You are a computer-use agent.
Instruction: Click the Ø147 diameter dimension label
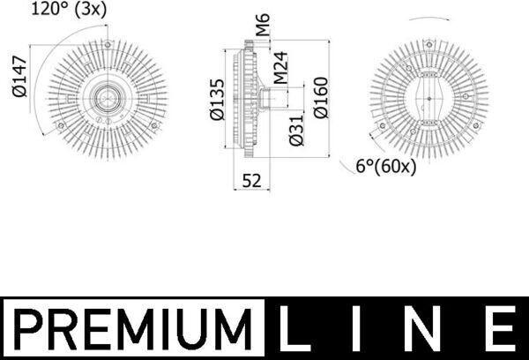coord(19,77)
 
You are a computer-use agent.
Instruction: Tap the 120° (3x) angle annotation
coord(69,9)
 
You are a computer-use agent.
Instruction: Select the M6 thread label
coord(263,25)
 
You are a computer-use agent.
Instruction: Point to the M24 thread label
coord(280,68)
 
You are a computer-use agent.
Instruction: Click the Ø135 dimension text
coord(217,100)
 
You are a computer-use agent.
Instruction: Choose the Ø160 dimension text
coord(321,98)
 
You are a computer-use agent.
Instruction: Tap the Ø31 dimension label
coord(296,131)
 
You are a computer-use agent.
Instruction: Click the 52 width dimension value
coord(251,181)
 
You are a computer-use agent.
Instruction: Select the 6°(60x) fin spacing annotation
coord(386,166)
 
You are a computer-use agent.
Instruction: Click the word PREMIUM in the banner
coord(133,329)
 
